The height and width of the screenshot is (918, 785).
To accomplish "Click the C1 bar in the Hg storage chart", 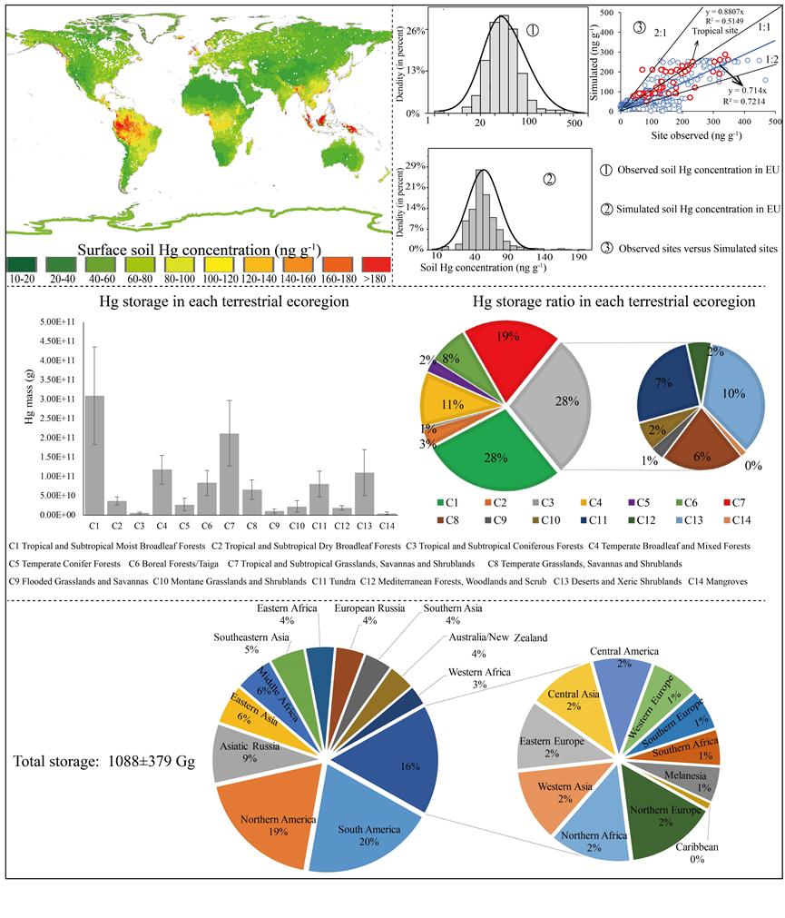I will pos(94,454).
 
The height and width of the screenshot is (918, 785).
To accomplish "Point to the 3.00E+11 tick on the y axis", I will pos(60,399).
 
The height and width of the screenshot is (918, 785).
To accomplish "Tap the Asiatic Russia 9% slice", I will pos(240,753).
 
